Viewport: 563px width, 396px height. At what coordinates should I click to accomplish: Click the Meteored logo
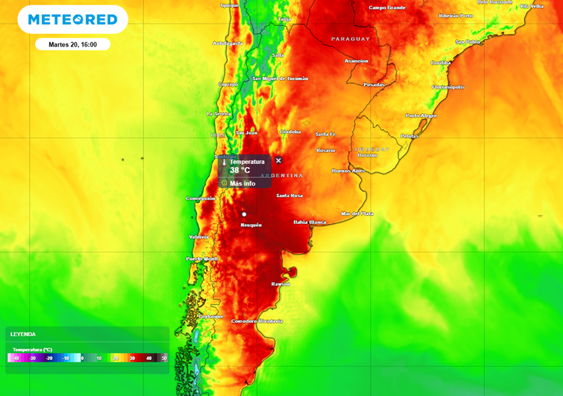[73, 20]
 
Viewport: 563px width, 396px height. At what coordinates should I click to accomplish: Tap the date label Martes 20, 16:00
[73, 45]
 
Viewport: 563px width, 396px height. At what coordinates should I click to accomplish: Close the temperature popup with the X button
[278, 160]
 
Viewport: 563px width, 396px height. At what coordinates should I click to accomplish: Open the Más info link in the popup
[242, 183]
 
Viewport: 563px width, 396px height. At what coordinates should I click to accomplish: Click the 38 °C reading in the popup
[240, 170]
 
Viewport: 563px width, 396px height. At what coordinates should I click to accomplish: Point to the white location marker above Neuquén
[244, 213]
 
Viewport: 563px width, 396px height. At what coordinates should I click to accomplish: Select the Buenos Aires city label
[348, 170]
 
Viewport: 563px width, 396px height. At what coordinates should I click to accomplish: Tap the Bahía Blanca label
[310, 222]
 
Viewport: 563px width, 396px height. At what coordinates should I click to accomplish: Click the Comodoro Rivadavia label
[257, 321]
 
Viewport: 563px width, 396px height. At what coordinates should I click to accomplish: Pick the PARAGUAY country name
[350, 39]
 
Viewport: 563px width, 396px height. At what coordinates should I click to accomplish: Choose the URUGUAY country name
[372, 149]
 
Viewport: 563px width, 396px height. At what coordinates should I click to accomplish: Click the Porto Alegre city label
[421, 116]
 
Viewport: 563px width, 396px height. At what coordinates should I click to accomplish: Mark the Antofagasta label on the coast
[228, 43]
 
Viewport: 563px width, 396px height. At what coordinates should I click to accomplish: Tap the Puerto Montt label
[202, 258]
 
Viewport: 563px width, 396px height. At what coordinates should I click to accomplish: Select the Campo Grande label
[387, 8]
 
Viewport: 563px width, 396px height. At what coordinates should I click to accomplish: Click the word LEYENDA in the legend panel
[23, 334]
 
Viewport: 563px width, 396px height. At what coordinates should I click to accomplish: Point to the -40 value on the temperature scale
[16, 358]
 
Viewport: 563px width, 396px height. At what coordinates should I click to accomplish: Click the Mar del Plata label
[357, 213]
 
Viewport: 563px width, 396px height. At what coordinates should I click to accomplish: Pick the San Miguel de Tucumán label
[280, 79]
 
